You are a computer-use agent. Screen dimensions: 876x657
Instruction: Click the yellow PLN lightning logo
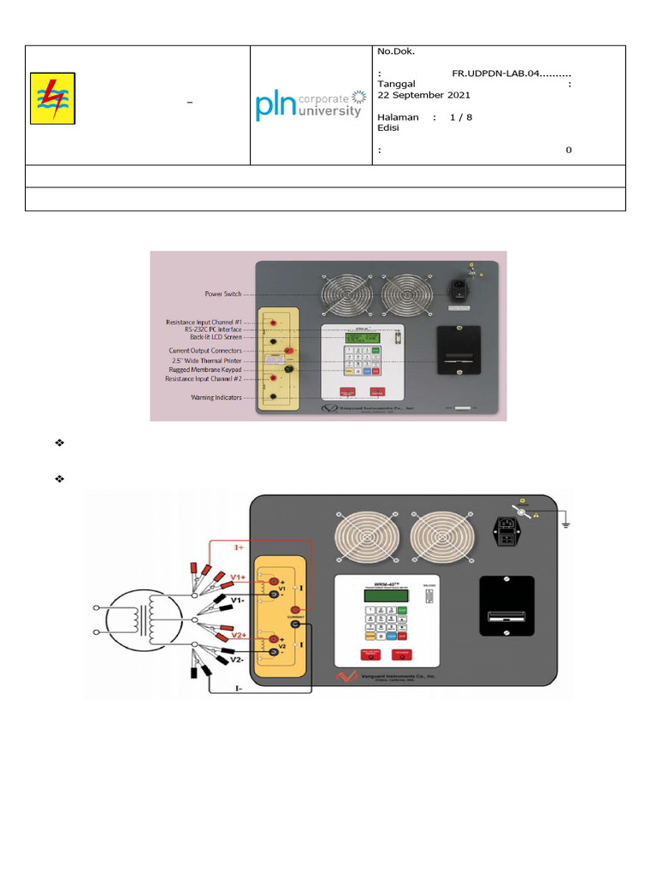(52, 98)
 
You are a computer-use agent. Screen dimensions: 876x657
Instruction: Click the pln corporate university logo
(309, 105)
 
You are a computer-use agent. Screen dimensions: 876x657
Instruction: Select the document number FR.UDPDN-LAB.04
(511, 74)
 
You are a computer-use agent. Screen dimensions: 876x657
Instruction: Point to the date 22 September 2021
(423, 95)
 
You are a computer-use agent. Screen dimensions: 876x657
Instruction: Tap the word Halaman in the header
(399, 117)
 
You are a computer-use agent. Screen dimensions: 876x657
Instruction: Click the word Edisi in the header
(388, 128)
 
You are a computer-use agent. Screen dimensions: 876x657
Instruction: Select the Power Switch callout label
(224, 293)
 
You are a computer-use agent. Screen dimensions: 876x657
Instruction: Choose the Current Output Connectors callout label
(205, 351)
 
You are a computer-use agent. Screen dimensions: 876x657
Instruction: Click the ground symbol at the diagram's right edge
(565, 522)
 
